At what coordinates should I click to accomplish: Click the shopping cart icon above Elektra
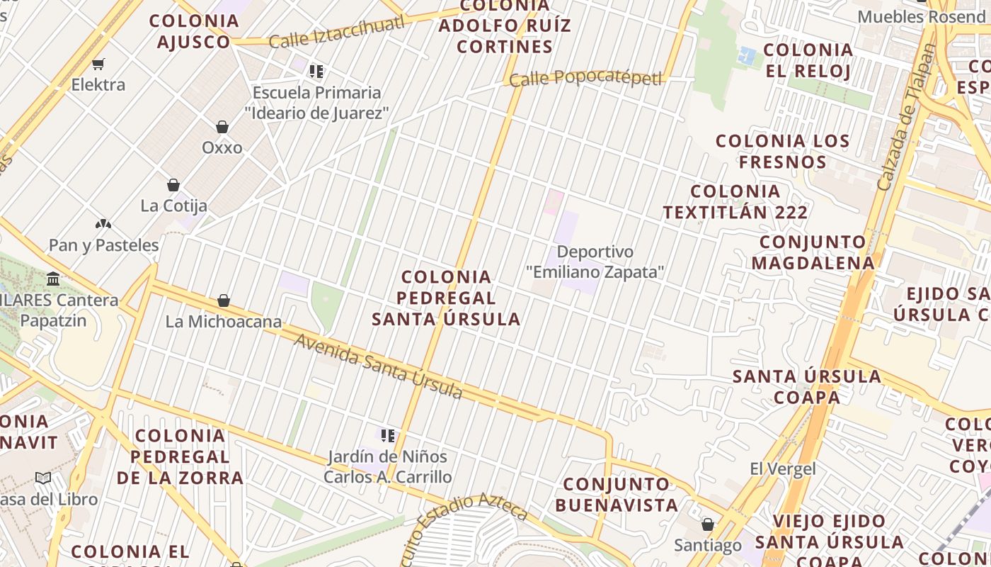point(98,64)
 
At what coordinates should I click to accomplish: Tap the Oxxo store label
point(222,147)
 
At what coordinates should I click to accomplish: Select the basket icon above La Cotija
point(173,185)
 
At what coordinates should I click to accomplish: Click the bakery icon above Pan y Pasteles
point(103,225)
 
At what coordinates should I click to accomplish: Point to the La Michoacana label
point(224,321)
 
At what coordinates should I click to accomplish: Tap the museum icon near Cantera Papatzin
point(53,279)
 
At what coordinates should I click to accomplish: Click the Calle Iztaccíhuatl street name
point(337,32)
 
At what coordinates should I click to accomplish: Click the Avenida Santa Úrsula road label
point(379,367)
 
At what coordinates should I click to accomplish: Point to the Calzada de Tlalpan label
point(906,117)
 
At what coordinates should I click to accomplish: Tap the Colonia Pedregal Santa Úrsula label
point(446,298)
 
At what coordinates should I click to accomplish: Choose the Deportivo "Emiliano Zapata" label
point(595,262)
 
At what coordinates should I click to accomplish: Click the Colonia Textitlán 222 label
point(735,201)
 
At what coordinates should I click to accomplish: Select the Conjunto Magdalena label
point(813,252)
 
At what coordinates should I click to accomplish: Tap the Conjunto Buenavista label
point(617,495)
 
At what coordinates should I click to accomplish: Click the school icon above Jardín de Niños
point(387,435)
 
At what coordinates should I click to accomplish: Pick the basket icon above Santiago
point(707,525)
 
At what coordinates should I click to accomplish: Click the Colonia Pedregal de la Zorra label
point(180,456)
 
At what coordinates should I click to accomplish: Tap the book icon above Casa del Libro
point(43,478)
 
